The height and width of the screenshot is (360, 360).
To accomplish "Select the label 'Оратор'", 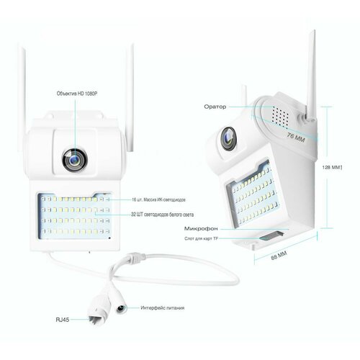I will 216,107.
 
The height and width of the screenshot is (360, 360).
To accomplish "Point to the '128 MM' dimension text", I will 330,166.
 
